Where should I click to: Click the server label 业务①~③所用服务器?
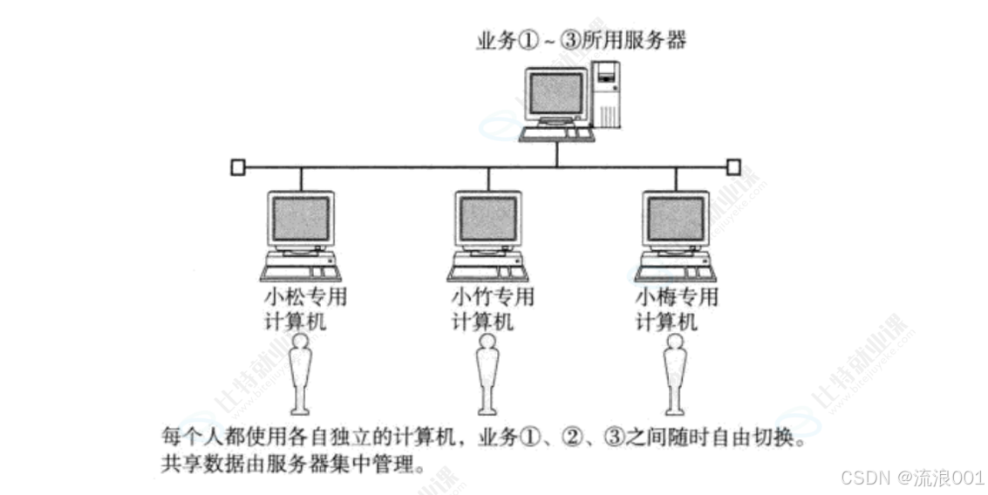(x=581, y=40)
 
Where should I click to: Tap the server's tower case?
(x=606, y=94)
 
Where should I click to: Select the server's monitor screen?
(x=555, y=93)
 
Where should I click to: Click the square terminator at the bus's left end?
(x=237, y=167)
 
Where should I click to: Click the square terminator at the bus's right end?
(x=733, y=167)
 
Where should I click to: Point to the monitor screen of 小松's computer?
(x=301, y=219)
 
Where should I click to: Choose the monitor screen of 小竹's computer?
(x=488, y=219)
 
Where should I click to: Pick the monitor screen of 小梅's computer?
(x=676, y=219)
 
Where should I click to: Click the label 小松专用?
(x=305, y=296)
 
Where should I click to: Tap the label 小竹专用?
(x=493, y=296)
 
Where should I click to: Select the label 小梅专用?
(x=677, y=296)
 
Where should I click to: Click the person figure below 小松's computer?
(x=300, y=374)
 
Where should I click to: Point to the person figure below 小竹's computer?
(x=487, y=374)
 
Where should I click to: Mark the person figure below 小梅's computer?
(x=675, y=374)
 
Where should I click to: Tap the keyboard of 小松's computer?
(x=301, y=274)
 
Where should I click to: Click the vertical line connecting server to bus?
(x=557, y=154)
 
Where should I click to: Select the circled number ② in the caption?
(x=572, y=437)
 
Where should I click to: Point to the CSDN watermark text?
(x=912, y=478)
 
